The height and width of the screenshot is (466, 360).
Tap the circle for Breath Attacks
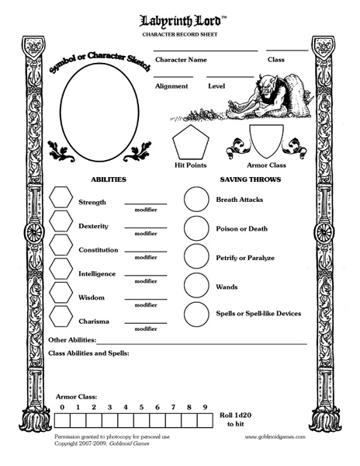(x=197, y=200)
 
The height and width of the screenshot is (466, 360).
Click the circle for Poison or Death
(x=197, y=229)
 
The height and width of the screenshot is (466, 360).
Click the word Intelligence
(x=97, y=273)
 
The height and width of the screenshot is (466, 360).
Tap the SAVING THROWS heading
(x=249, y=179)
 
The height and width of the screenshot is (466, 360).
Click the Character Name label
(x=181, y=59)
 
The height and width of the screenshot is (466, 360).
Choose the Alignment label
(x=171, y=86)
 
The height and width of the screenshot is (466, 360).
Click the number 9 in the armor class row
(x=205, y=407)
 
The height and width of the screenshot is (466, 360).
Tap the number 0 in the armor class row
(x=61, y=407)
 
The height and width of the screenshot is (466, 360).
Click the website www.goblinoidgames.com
(x=273, y=437)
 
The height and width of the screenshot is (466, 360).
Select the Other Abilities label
(x=72, y=340)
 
